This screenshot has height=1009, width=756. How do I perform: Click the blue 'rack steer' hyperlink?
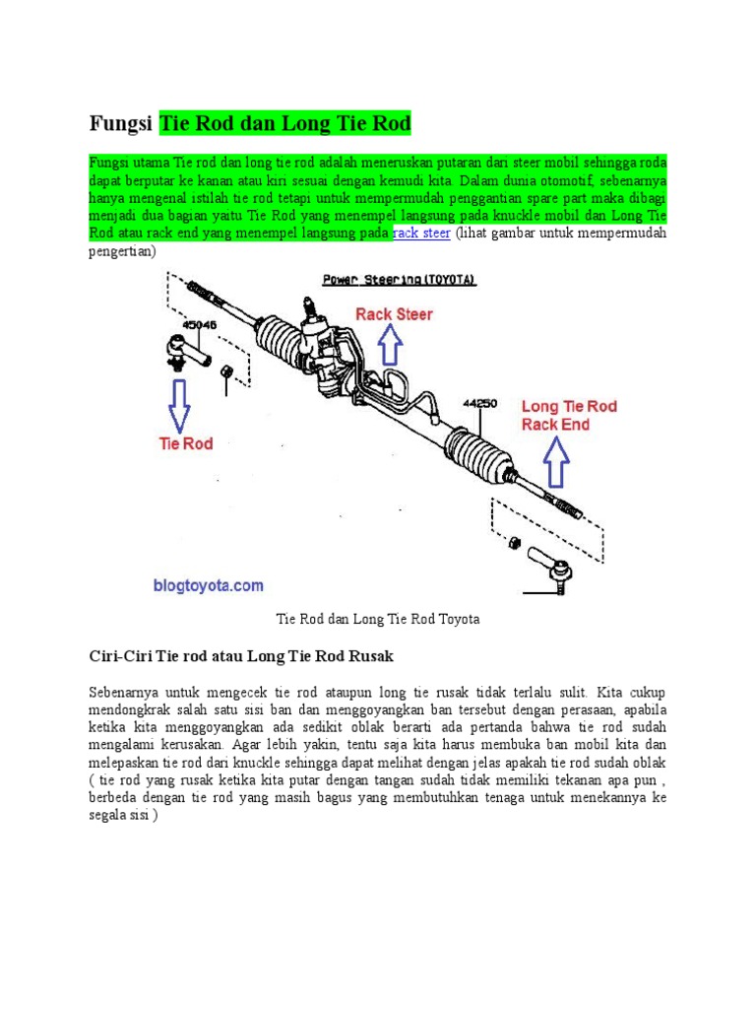point(421,234)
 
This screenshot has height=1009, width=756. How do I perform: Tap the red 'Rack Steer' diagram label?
point(394,314)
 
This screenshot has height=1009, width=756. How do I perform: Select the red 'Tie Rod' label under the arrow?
point(186,443)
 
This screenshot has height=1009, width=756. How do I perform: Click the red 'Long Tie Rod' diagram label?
point(569,406)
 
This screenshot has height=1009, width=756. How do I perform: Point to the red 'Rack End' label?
point(555,425)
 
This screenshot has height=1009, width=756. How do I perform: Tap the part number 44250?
point(481,403)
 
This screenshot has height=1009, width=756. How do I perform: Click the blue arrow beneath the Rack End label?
point(557,462)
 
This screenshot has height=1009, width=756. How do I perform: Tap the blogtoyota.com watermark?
point(208,585)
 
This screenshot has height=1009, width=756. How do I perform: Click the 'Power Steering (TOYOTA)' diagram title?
point(400,280)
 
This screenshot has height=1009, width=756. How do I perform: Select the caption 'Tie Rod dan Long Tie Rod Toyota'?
point(378,619)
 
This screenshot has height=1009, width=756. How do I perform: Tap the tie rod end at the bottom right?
point(550,568)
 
